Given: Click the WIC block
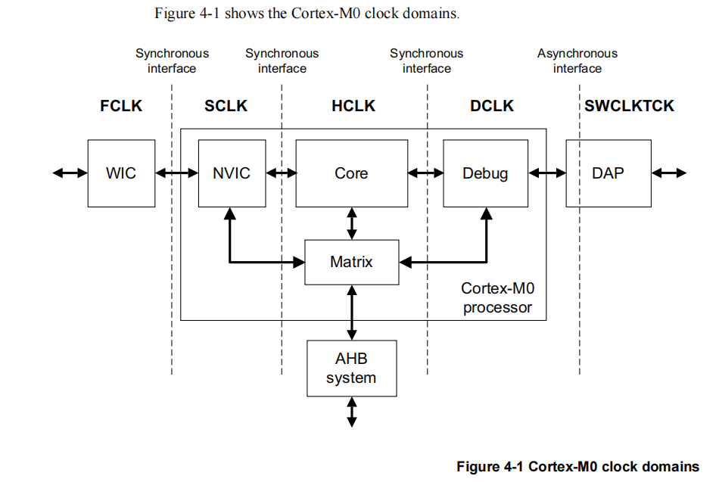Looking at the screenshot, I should [121, 173].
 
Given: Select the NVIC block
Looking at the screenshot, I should [232, 173].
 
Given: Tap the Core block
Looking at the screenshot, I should [351, 173].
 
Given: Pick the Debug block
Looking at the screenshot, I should [485, 173].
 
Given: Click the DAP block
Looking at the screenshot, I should [608, 173].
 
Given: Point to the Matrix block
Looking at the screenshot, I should [351, 263].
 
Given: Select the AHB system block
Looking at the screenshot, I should [351, 368].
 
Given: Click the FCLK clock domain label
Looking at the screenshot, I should [121, 106].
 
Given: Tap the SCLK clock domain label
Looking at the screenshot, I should [226, 106].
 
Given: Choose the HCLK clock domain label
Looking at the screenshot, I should [353, 106].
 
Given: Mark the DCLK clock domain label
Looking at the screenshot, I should [492, 106].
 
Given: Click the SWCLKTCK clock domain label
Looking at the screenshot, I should [629, 106].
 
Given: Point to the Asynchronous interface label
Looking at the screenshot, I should [577, 61].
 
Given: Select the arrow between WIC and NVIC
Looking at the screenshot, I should [176, 173].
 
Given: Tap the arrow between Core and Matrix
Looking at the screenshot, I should [351, 223].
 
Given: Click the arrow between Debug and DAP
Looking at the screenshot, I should [546, 173].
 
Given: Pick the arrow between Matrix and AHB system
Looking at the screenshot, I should [351, 313].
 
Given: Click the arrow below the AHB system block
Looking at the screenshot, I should [351, 412].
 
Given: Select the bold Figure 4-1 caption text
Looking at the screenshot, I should [577, 467].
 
